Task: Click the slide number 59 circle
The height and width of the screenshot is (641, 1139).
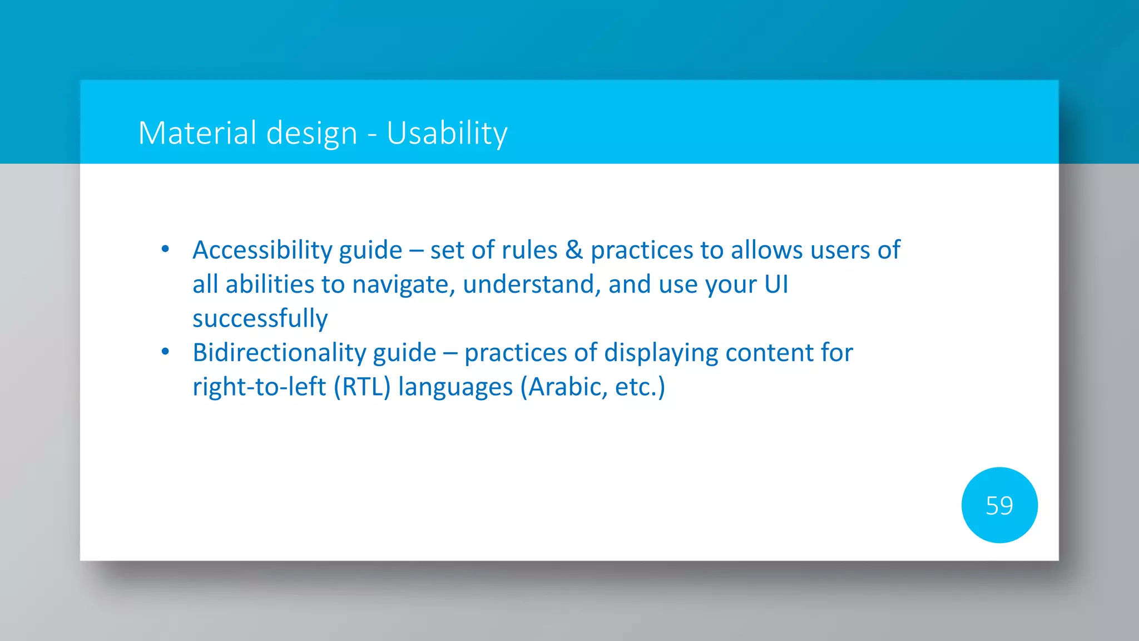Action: pos(999,505)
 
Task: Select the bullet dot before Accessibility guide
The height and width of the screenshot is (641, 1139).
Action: pos(165,249)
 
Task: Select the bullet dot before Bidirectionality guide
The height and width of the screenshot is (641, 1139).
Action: pos(165,352)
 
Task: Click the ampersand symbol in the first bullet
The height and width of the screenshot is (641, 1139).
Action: pos(574,250)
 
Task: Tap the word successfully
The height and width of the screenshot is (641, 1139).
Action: pos(260,318)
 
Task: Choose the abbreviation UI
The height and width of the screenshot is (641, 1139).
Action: pos(776,284)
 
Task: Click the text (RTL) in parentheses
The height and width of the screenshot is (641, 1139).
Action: pos(362,387)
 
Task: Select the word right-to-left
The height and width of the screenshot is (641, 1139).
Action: pos(259,387)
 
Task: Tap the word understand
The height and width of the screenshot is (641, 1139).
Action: pos(531,284)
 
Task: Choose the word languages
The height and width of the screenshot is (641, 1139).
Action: pos(455,387)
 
